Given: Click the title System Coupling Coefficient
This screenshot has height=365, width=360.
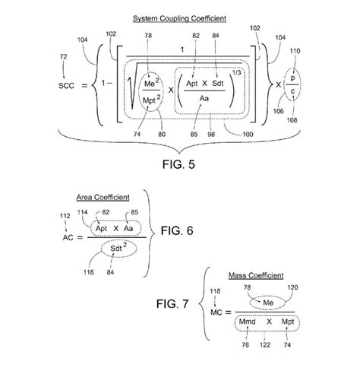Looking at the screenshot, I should coord(179,17).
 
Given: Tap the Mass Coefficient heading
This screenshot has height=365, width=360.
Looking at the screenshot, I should coord(262,275).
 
